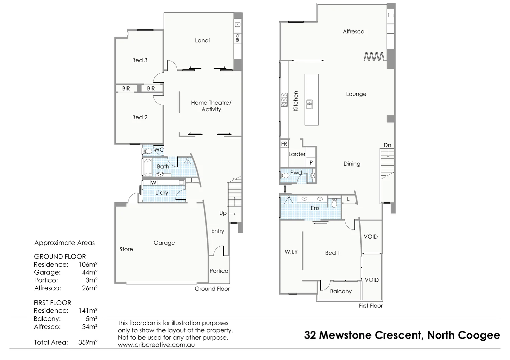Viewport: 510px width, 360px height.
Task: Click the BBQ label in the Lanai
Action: (x=237, y=38)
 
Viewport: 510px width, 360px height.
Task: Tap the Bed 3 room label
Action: (x=140, y=60)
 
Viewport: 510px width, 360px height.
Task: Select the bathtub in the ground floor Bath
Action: (x=147, y=167)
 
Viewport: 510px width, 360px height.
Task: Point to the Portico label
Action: (x=219, y=271)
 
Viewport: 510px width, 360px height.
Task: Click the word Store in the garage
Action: (x=126, y=249)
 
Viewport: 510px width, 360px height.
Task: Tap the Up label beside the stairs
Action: (x=223, y=213)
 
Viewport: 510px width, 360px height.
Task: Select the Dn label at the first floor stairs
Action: (x=387, y=145)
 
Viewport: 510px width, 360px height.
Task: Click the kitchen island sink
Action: (x=309, y=104)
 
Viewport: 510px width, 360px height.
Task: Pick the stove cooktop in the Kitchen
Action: (x=284, y=100)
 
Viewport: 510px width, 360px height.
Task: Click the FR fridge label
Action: (x=284, y=144)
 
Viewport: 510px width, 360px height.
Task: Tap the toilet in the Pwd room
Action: (x=285, y=175)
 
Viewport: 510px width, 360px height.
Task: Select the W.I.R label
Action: (x=291, y=252)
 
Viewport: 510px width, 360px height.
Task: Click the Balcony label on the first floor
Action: (x=341, y=291)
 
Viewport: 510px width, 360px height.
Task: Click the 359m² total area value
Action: (x=87, y=342)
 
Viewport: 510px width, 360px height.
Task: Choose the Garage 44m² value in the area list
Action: (x=89, y=272)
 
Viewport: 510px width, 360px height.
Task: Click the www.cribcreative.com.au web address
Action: (x=156, y=345)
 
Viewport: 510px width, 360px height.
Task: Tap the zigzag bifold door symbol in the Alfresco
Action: (x=374, y=57)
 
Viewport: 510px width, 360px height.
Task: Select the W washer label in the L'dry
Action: (x=153, y=183)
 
